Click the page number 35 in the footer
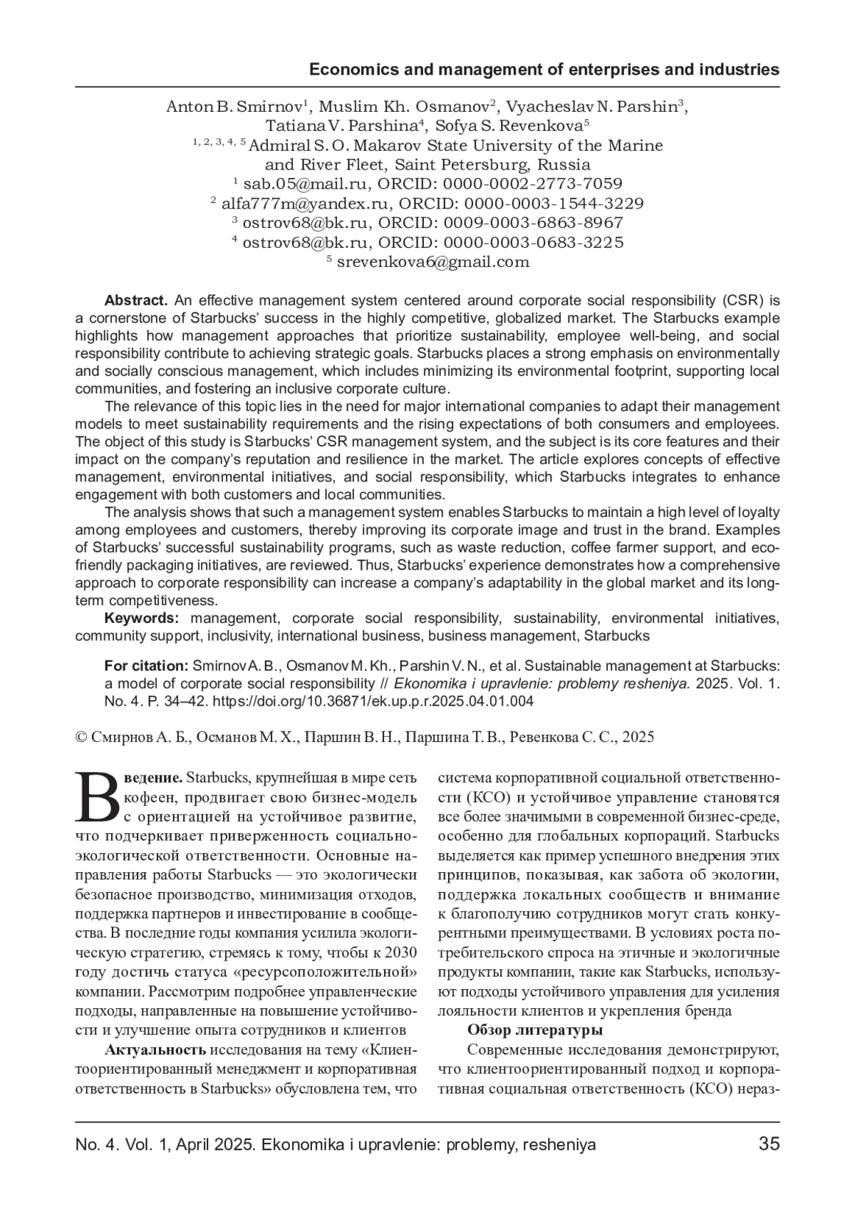(x=769, y=1144)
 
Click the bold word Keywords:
(x=140, y=618)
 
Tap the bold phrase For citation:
(x=145, y=666)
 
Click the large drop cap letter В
(x=98, y=795)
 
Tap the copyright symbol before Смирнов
(x=81, y=738)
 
